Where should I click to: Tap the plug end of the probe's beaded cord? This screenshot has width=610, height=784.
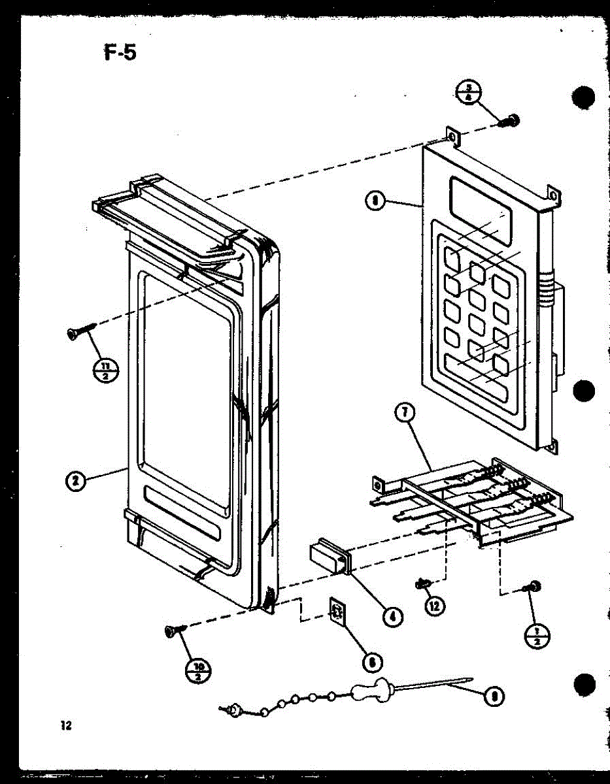[233, 708]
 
